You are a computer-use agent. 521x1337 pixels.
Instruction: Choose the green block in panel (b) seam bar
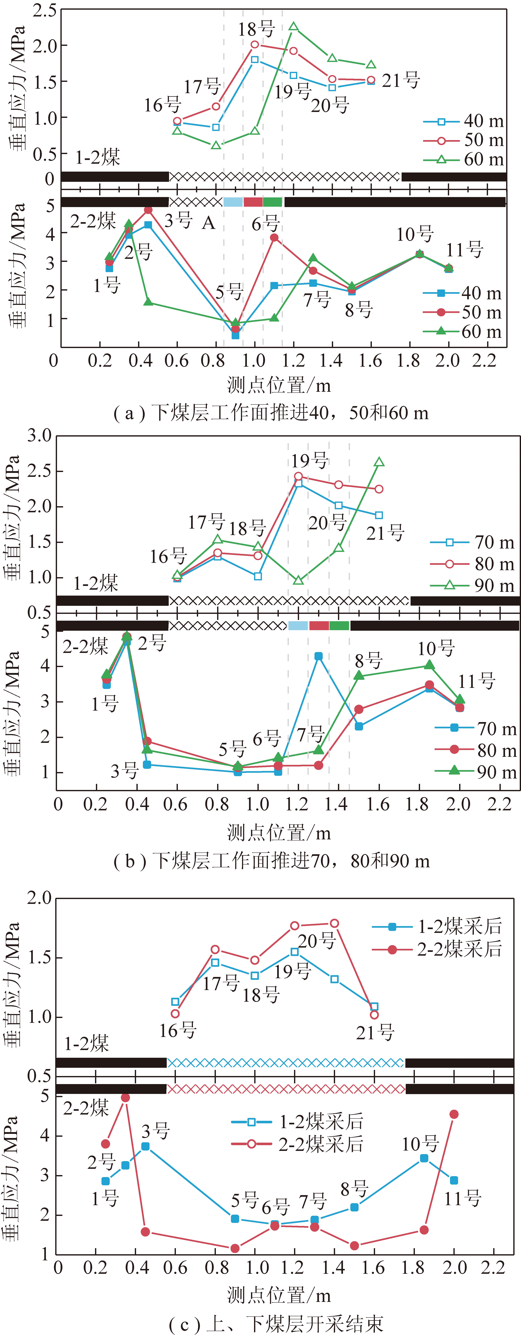(x=339, y=626)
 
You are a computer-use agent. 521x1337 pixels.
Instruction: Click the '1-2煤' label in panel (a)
(x=98, y=157)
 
